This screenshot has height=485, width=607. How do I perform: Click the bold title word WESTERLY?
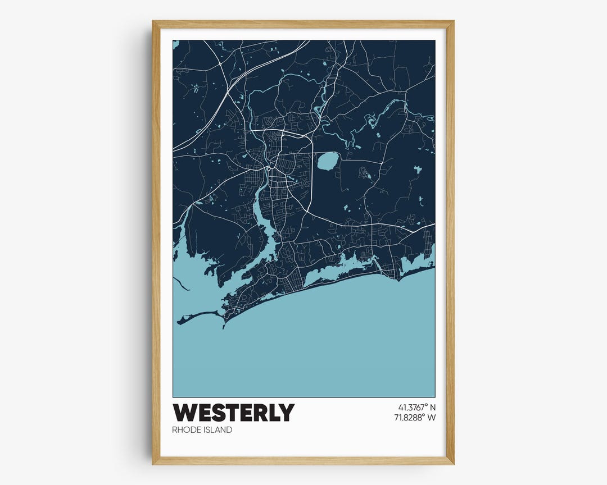pos(233,413)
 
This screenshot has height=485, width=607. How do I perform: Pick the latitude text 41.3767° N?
pos(413,406)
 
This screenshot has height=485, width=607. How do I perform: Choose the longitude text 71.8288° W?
pos(413,417)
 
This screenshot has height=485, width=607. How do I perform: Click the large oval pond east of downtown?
pos(328,161)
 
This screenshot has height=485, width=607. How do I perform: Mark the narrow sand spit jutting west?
pos(197,317)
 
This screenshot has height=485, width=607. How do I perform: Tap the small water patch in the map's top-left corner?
pos(176,44)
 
